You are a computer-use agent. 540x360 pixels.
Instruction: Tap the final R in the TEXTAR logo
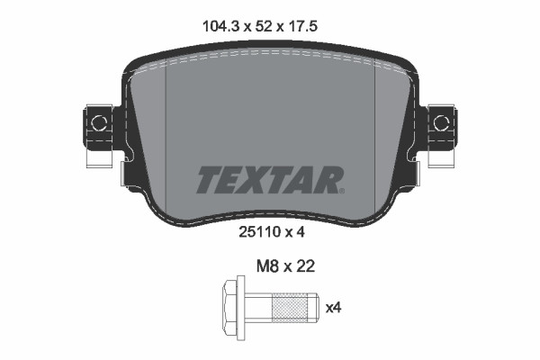328,180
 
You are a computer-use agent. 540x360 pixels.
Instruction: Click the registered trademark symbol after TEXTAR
341,189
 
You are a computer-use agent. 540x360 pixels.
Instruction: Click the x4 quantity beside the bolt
333,309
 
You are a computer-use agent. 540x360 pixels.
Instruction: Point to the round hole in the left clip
98,119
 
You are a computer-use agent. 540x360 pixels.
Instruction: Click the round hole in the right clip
441,119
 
